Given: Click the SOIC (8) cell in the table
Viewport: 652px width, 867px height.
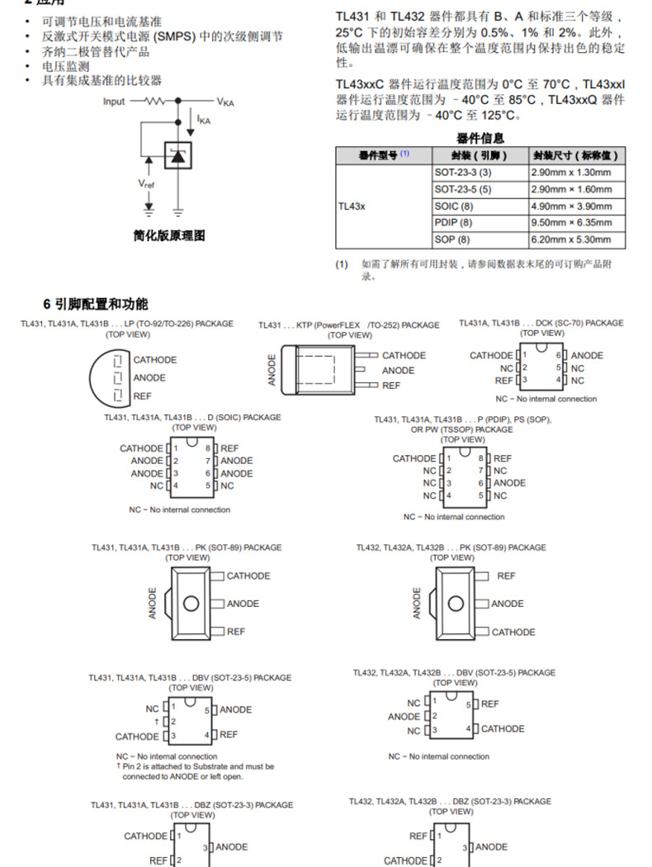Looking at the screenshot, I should pyautogui.click(x=454, y=206).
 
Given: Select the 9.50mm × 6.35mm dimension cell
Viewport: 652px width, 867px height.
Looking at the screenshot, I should pyautogui.click(x=571, y=223).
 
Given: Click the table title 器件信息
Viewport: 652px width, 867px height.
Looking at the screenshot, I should pyautogui.click(x=480, y=139).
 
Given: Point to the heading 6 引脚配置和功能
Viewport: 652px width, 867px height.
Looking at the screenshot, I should pyautogui.click(x=96, y=304).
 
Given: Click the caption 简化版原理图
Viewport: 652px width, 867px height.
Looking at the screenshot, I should pyautogui.click(x=169, y=236).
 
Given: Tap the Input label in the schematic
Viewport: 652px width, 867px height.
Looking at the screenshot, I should pyautogui.click(x=115, y=102).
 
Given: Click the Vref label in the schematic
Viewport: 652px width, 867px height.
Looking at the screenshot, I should pyautogui.click(x=146, y=183).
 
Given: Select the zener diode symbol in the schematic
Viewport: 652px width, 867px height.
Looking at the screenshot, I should pyautogui.click(x=177, y=157).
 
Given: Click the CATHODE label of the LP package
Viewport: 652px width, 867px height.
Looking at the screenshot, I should pyautogui.click(x=155, y=360).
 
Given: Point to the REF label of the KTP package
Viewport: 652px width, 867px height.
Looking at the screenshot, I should pyautogui.click(x=391, y=386).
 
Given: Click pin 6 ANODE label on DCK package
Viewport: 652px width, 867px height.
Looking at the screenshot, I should pyautogui.click(x=587, y=356).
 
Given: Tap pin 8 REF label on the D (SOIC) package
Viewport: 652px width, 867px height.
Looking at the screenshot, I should pyautogui.click(x=229, y=448).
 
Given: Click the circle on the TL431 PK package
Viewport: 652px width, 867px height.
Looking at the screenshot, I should pyautogui.click(x=191, y=604).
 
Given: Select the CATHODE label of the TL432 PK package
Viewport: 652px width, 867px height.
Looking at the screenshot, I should pyautogui.click(x=513, y=632).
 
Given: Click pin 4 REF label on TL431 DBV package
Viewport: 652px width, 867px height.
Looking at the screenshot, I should pyautogui.click(x=229, y=734).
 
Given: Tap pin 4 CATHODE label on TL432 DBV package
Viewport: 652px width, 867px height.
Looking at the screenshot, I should pyautogui.click(x=503, y=729).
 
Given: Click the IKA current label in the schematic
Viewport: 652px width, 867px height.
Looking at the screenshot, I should pyautogui.click(x=204, y=120).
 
